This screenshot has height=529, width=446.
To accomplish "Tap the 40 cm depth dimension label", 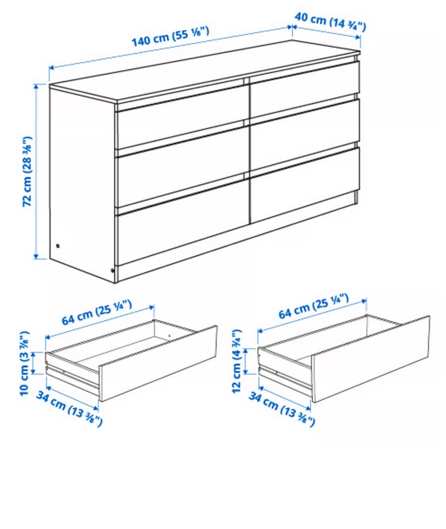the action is click(330, 21).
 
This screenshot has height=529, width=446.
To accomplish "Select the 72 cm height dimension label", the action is click(27, 172).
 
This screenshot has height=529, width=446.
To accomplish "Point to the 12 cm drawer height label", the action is click(237, 361).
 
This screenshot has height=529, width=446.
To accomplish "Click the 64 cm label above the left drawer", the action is click(96, 312).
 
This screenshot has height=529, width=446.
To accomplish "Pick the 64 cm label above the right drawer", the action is click(313, 306).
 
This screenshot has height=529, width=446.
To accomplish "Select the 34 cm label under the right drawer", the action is click(282, 408).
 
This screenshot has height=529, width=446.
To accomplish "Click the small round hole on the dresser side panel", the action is click(58, 245).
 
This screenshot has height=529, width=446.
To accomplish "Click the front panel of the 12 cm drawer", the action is click(371, 359).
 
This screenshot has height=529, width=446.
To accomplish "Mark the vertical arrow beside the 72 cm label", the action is click(36, 172).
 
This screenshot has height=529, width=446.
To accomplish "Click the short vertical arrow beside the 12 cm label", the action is click(246, 361).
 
